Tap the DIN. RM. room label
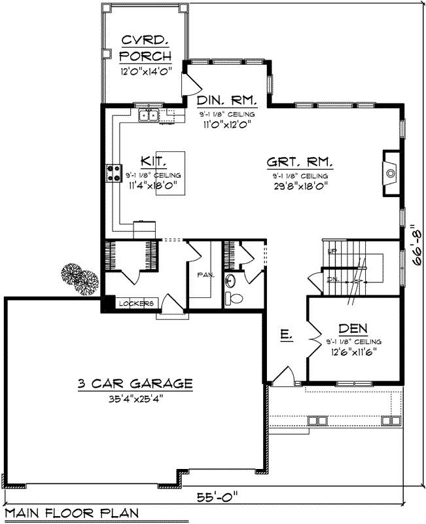226,101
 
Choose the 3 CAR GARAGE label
135,384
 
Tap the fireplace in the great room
391,174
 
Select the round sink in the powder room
230,282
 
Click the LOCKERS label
137,303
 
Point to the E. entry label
285,335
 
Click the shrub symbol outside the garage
80,281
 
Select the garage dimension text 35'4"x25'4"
135,398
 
